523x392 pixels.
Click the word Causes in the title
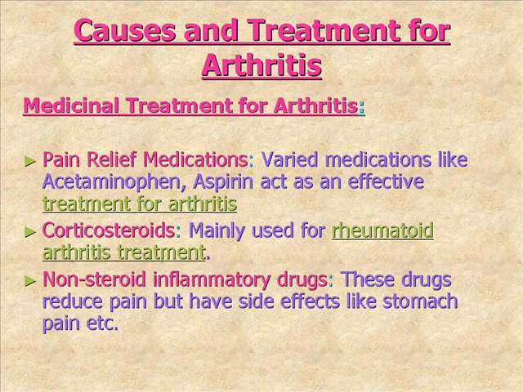123,32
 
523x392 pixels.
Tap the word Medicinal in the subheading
65,106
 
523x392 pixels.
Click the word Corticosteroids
108,230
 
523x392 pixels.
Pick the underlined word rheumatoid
382,230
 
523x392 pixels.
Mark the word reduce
70,301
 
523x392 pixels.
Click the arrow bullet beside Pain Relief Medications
31,160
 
